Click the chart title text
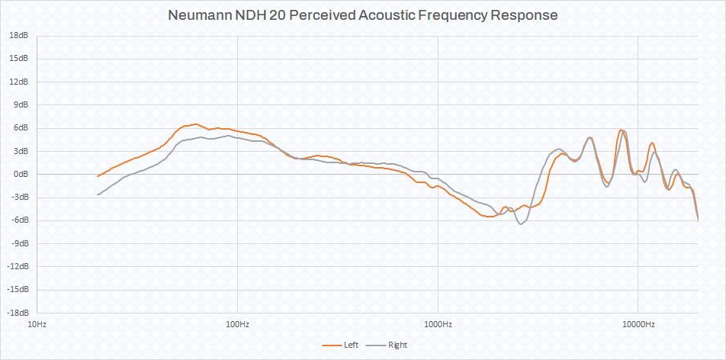(x=362, y=15)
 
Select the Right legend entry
(x=397, y=345)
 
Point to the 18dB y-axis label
(x=19, y=35)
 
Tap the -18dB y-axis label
(x=18, y=313)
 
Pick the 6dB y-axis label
(x=21, y=127)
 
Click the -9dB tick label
(x=19, y=243)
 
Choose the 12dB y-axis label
(x=19, y=82)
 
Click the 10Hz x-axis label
(x=37, y=324)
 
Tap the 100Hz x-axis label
(x=237, y=324)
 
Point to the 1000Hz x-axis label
(x=438, y=324)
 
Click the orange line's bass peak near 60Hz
(x=195, y=124)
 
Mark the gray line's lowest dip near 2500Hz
(x=522, y=223)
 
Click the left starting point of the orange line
(x=98, y=176)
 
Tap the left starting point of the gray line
(x=98, y=194)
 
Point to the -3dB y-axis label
(x=19, y=197)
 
